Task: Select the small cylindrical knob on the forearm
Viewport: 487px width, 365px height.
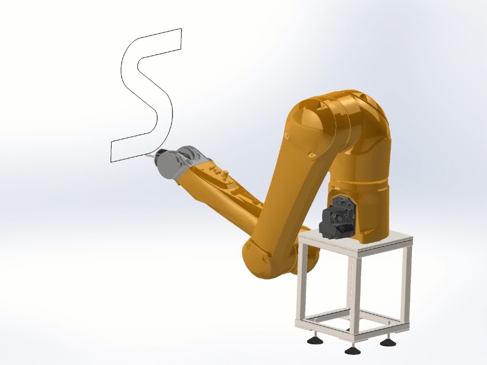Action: [x=226, y=173]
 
